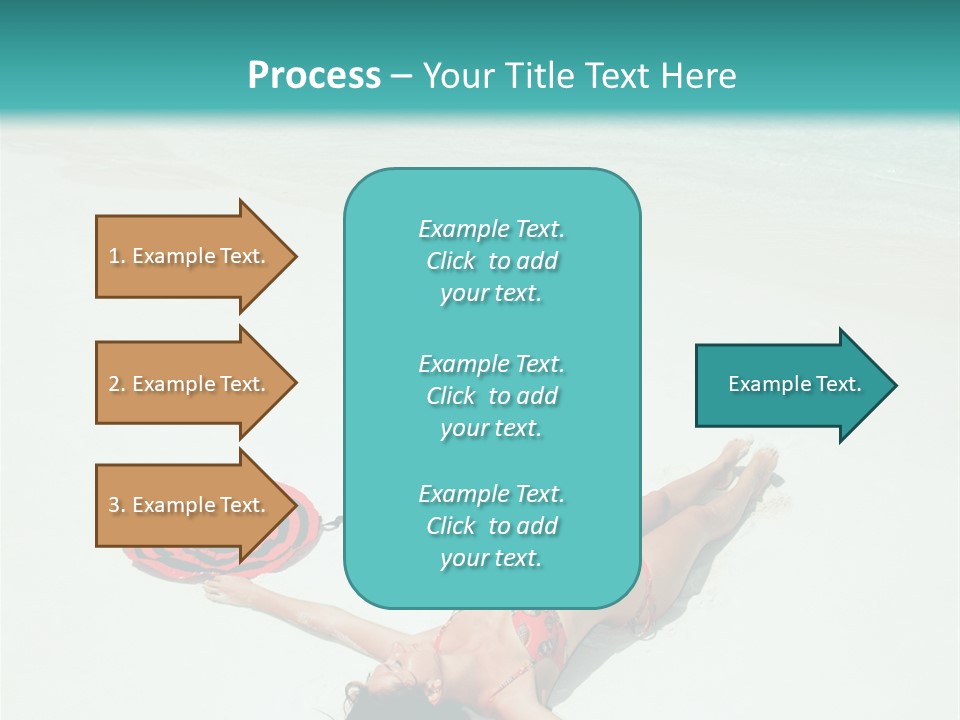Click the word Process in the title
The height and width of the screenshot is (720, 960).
pos(314,75)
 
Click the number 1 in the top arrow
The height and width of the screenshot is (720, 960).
pos(114,256)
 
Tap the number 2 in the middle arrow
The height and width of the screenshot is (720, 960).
pos(114,384)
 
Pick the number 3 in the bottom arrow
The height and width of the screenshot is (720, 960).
pos(114,505)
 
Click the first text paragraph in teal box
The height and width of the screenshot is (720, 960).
pos(491,261)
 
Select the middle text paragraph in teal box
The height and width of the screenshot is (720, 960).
pos(491,395)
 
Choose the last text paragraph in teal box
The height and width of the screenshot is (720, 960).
pos(491,526)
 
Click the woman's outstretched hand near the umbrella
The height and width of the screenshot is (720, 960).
pos(216,592)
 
